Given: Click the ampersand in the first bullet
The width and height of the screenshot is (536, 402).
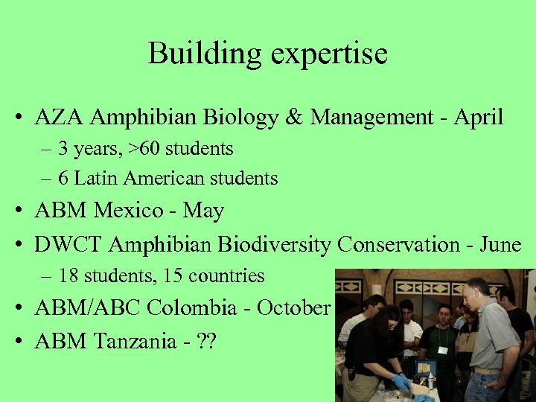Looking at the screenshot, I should (293, 118).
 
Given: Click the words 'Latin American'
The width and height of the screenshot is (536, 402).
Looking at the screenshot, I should (131, 179).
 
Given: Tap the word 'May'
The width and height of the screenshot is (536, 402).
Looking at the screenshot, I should (203, 211).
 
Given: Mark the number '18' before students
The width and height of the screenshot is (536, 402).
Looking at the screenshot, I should (68, 276).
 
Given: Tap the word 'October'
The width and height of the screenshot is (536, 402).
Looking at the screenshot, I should (293, 307).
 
